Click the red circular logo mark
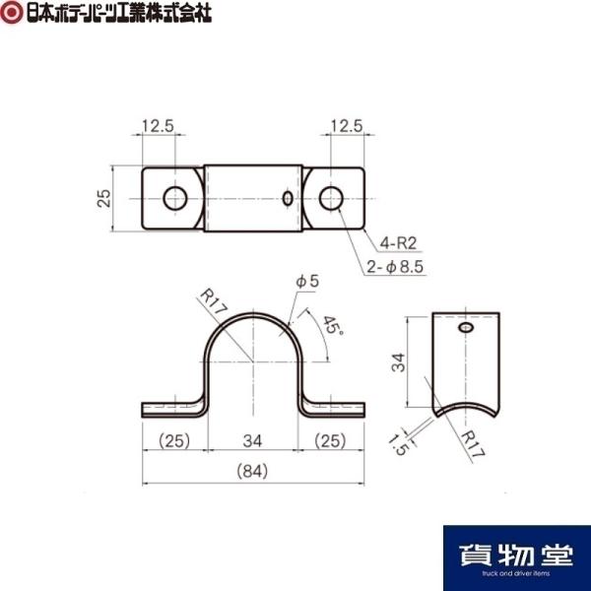tap(11, 12)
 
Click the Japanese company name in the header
tap(119, 13)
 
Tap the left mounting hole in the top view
tap(175, 198)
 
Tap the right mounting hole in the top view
tap(331, 198)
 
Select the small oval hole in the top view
tap(288, 199)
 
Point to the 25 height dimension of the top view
tap(104, 198)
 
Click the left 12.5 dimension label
tap(158, 126)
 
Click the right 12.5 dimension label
tap(347, 126)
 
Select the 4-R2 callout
tap(398, 243)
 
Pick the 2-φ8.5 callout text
tap(395, 267)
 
